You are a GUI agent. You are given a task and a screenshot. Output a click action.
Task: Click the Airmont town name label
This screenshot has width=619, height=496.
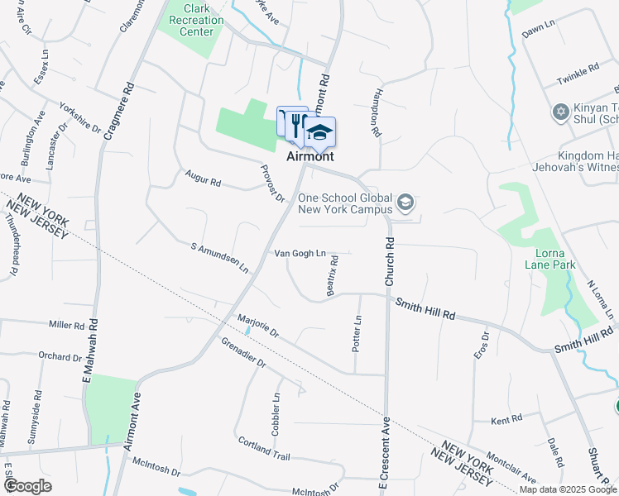pos(310,156)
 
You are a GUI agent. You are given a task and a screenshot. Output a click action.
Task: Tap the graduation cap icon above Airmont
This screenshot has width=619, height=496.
pos(319,132)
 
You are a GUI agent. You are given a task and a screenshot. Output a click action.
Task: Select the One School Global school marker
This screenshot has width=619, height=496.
pos(405,202)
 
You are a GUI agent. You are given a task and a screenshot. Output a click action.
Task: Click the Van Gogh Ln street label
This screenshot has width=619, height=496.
pos(300,253)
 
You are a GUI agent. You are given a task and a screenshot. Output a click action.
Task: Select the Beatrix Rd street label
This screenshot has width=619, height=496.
pos(333,275)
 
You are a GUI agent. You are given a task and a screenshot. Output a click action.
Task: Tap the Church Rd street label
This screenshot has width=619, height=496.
pos(387,264)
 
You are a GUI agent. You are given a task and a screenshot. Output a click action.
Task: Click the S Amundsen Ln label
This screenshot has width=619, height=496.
pos(219,258)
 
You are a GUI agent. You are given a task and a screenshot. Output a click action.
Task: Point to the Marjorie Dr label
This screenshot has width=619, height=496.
pos(258,327)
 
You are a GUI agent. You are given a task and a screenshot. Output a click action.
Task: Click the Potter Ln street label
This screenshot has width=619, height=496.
pos(357,333)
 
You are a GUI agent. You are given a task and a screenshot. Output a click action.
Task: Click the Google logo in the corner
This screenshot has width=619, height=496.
pos(27,485)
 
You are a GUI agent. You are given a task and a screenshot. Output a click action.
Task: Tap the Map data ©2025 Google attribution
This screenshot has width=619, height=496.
pos(569,489)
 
